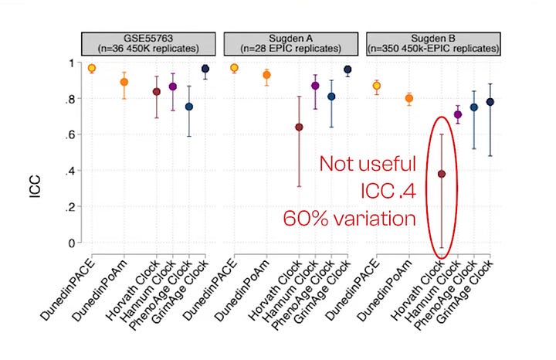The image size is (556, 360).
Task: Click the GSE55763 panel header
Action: (150, 43)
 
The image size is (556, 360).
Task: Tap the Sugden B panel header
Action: (433, 43)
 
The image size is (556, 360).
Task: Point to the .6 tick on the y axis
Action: (72, 134)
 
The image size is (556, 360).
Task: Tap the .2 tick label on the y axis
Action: (72, 207)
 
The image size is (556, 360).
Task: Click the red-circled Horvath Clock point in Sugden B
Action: (442, 174)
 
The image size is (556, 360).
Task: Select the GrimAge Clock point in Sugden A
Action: (347, 70)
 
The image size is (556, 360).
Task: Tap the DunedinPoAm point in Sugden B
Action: (409, 98)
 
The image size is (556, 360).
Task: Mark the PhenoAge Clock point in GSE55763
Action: (189, 107)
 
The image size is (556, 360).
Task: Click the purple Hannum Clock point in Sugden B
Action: (458, 114)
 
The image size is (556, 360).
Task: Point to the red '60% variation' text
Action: (361, 219)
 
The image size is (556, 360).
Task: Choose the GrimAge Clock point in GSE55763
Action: (205, 69)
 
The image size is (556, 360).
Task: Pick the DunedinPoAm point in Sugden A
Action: (266, 75)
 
